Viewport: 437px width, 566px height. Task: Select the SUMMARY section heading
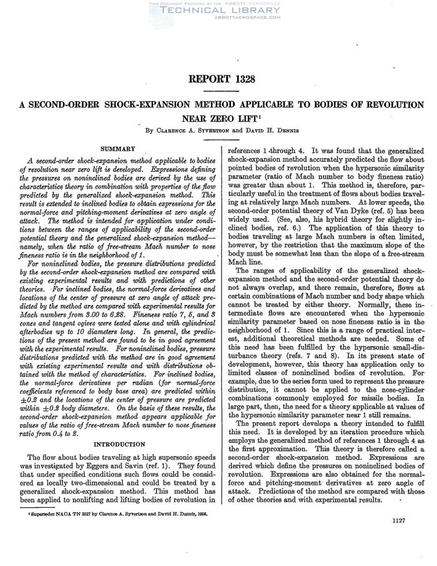113,148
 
